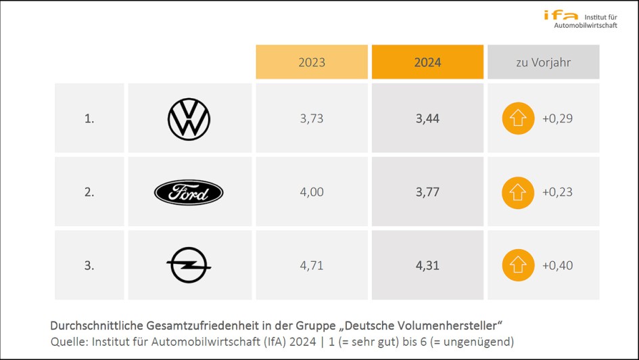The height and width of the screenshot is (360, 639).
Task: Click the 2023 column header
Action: click(312, 62)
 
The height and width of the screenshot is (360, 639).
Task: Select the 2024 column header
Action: click(427, 62)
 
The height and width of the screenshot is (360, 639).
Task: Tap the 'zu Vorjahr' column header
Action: click(543, 62)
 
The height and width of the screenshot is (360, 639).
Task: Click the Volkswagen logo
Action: click(189, 118)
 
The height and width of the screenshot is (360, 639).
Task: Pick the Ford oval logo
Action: click(189, 193)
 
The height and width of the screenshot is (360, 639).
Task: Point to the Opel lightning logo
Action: click(189, 265)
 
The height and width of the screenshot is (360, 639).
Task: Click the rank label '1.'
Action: click(89, 118)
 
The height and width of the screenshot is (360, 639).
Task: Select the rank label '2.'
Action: click(89, 192)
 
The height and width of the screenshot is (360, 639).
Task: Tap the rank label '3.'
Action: click(89, 265)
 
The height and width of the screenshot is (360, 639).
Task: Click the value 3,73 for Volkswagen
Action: click(312, 118)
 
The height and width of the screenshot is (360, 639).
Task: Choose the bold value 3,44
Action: click(427, 118)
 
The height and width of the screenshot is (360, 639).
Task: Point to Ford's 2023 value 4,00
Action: click(312, 192)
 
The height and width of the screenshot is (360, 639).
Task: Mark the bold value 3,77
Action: click(427, 192)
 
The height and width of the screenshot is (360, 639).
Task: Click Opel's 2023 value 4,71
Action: click(312, 265)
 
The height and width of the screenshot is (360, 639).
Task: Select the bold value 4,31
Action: click(427, 265)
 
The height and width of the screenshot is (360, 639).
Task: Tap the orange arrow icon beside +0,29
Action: click(518, 118)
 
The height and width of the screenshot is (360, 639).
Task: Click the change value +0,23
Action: click(557, 192)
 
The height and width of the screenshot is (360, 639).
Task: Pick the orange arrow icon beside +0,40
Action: click(518, 265)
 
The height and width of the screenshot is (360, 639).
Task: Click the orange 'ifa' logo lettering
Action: click(561, 16)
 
